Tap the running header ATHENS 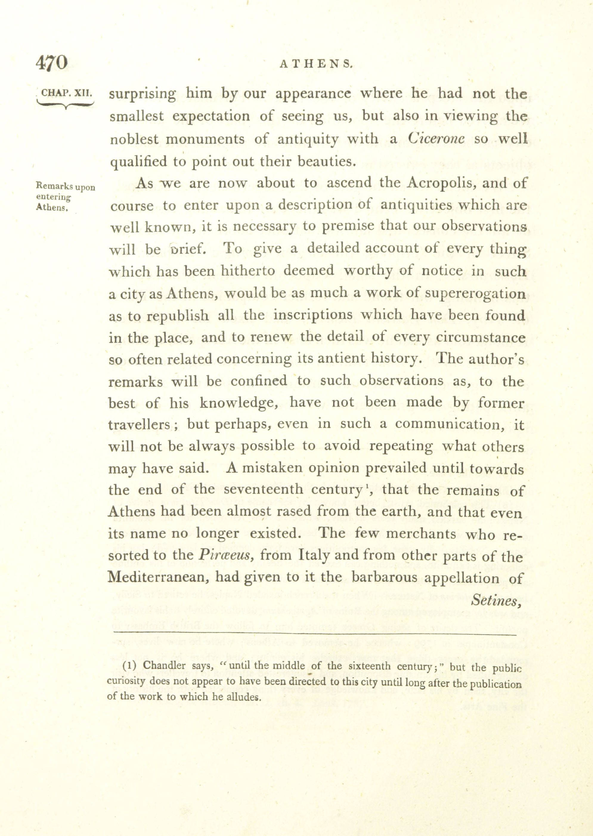coord(316,64)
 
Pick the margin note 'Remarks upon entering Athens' coord(65,197)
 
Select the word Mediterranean coord(159,578)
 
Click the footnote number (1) coord(129,665)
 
